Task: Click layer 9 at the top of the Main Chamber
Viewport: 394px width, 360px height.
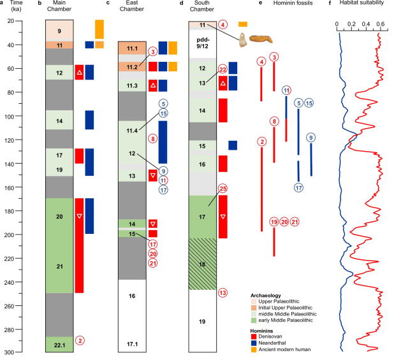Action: click(x=59, y=31)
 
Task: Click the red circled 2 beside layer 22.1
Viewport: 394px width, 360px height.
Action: click(x=80, y=340)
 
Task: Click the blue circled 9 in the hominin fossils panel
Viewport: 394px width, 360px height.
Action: click(x=311, y=138)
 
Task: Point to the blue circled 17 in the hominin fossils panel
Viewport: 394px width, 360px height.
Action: click(x=298, y=187)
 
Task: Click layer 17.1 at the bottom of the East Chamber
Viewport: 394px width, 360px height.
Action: click(x=132, y=344)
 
